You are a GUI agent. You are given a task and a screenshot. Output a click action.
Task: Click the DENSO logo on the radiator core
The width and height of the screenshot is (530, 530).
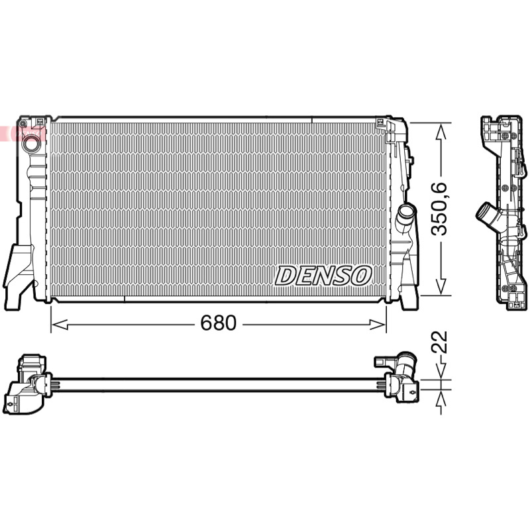point(323,276)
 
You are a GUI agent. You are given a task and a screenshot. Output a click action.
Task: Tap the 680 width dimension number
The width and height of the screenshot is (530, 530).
point(219,323)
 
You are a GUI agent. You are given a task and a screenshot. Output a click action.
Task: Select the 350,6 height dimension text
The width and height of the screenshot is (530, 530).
point(440,209)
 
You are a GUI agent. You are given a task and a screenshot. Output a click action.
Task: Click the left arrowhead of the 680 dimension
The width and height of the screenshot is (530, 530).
point(60,325)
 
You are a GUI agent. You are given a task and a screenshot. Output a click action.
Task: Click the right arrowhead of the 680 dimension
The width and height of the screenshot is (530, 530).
point(377,325)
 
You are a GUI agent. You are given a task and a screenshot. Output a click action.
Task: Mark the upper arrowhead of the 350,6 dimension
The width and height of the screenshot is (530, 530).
point(441,132)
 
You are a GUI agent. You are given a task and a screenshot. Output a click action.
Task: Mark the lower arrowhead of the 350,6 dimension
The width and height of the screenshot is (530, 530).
point(441,286)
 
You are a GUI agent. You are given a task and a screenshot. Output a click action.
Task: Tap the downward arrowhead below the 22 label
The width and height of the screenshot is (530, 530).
point(441,371)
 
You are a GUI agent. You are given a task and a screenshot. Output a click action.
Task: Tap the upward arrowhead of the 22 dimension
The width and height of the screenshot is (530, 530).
point(441,398)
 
